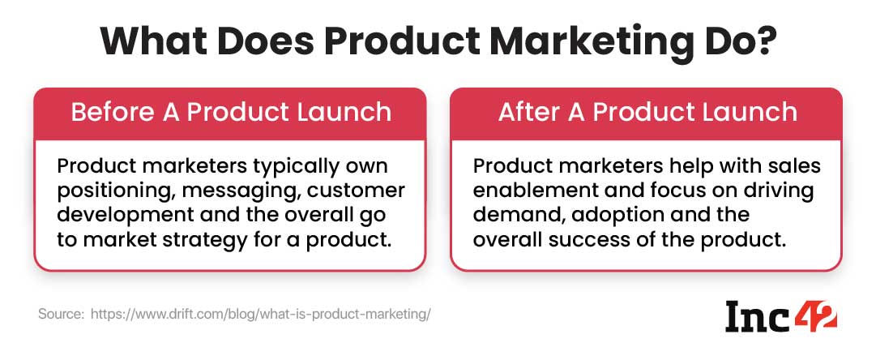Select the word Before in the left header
pyautogui.click(x=112, y=113)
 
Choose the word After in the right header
pyautogui.click(x=531, y=113)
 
